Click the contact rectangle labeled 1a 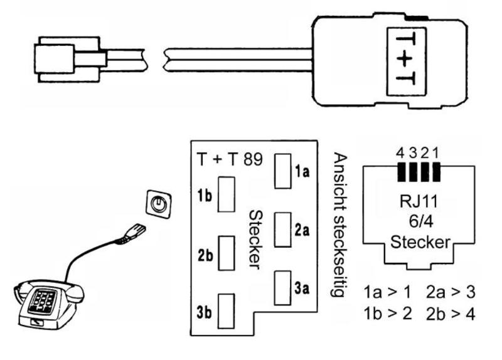point(283,171)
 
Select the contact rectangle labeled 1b point(227,194)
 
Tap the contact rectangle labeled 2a point(283,230)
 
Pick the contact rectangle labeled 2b point(227,253)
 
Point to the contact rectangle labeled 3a point(283,288)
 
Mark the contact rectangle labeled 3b point(226,311)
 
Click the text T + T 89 point(230,159)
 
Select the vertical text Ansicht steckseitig point(340,225)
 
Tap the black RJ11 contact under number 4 point(401,172)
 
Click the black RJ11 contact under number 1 point(436,172)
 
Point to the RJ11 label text point(419,201)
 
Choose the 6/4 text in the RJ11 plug point(421,221)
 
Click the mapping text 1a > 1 point(387,292)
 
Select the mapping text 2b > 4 point(451,314)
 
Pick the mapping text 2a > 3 point(451,292)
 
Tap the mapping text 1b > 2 point(388,314)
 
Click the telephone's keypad point(42,302)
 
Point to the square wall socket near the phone point(159,204)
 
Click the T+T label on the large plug point(406,61)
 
